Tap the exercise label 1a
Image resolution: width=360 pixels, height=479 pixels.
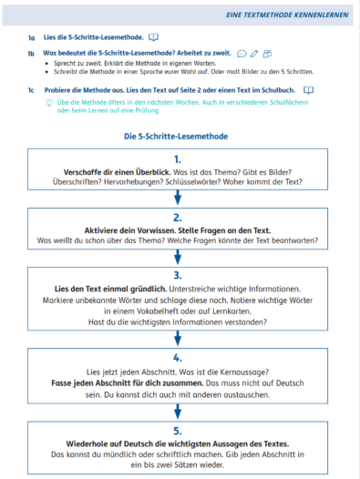(31, 37)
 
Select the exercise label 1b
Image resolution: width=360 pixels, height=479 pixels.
(31, 55)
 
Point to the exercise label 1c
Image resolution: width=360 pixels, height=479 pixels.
(31, 90)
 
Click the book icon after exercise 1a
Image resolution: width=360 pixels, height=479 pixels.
(154, 37)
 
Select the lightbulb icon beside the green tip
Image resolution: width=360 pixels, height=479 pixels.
(48, 103)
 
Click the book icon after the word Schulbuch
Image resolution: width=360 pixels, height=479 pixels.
(308, 90)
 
